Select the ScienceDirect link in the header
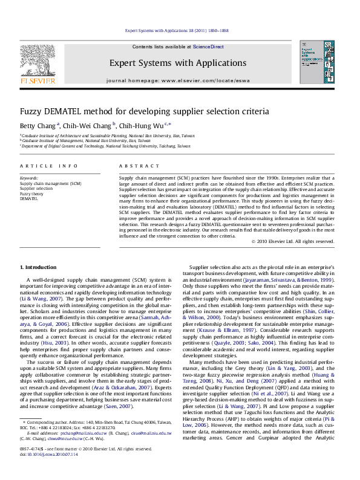[208, 47]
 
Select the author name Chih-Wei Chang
[90, 126]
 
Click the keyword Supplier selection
[36, 188]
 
